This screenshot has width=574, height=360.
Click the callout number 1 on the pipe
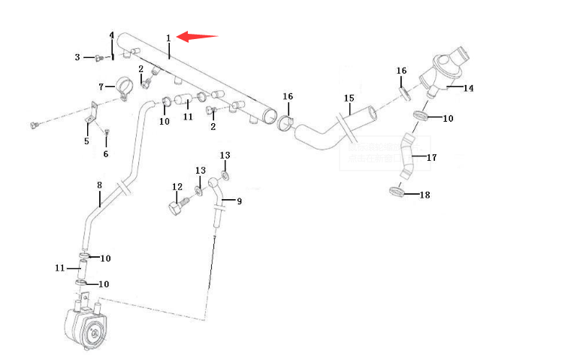coord(168,38)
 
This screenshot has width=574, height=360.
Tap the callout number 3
coord(77,57)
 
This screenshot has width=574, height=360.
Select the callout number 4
coord(112,35)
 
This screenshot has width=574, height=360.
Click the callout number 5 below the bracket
coord(86,141)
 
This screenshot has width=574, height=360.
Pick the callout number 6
coord(105,154)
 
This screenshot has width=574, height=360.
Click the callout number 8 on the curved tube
coord(99,185)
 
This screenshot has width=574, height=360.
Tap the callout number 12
coord(177,187)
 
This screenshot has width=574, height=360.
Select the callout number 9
coord(239,201)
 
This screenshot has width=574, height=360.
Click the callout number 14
coord(468,88)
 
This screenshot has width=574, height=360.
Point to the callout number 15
coord(349,98)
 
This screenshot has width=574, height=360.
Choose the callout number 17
coord(431,158)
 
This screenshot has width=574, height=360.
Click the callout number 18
coord(424,195)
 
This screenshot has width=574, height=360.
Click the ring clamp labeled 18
coord(398,191)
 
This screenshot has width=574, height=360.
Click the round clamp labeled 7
coord(124,86)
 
